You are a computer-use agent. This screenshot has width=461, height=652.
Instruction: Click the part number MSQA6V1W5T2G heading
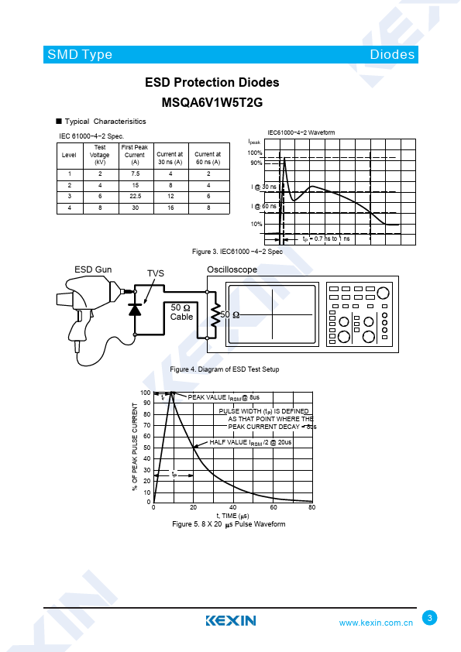(x=212, y=102)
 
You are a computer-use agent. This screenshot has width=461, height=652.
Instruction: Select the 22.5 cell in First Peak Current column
(x=136, y=196)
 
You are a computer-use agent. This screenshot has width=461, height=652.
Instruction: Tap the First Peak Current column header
(x=135, y=155)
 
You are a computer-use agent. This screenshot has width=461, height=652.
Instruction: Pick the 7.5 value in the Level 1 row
(x=136, y=173)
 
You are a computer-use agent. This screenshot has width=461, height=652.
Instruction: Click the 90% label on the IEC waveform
(x=256, y=163)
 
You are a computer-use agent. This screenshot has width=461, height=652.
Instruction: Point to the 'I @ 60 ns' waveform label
(x=263, y=206)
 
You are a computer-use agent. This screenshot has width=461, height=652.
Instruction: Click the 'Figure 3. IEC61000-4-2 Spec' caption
(x=237, y=252)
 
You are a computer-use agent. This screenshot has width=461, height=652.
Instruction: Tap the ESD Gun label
(x=93, y=269)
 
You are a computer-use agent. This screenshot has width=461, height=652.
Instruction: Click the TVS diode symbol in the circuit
(x=135, y=310)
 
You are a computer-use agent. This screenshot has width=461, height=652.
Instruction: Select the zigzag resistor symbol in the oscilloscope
(x=215, y=315)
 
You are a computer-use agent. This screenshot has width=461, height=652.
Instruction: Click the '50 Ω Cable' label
(x=182, y=312)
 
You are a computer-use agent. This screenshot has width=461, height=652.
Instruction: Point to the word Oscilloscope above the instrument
(x=232, y=269)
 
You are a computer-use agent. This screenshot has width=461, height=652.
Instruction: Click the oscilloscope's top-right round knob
(x=383, y=293)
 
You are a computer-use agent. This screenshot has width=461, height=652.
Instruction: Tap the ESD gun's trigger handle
(x=80, y=328)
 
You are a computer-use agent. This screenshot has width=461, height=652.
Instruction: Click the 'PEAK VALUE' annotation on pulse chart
(x=223, y=397)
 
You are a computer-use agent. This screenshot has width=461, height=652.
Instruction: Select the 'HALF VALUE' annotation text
(x=250, y=442)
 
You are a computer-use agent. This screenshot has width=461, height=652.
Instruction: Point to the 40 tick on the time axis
(x=233, y=507)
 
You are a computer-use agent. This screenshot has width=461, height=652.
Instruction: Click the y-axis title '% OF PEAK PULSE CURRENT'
(x=135, y=447)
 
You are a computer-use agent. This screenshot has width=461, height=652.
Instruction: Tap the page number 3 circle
(x=430, y=617)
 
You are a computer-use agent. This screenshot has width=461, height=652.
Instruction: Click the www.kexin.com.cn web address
(x=376, y=623)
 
